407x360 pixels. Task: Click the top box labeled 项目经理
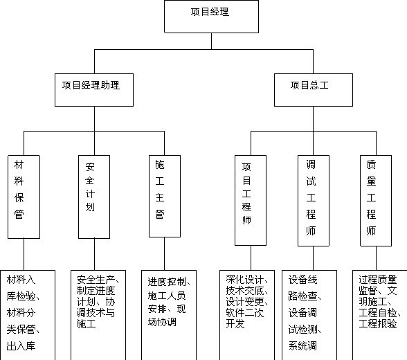pyautogui.click(x=211, y=17)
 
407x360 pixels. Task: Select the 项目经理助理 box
pyautogui.click(x=94, y=90)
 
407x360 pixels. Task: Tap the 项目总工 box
pyautogui.click(x=314, y=90)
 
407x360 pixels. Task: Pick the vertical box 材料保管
pyautogui.click(x=24, y=197)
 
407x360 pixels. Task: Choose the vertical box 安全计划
pyautogui.click(x=94, y=197)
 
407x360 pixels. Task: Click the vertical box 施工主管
pyautogui.click(x=165, y=196)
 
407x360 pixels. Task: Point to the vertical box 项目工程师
pyautogui.click(x=251, y=200)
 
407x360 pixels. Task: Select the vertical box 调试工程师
pyautogui.click(x=314, y=201)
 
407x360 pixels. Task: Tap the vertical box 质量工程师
pyautogui.click(x=376, y=201)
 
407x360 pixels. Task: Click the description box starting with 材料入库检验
pyautogui.click(x=28, y=315)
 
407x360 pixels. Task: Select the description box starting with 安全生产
pyautogui.click(x=98, y=315)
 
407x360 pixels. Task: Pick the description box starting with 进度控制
pyautogui.click(x=169, y=315)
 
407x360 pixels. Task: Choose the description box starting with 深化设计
pyautogui.click(x=247, y=315)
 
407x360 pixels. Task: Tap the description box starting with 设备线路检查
pyautogui.click(x=309, y=315)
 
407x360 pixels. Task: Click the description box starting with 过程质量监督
pyautogui.click(x=380, y=315)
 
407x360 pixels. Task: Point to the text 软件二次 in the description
pyautogui.click(x=245, y=312)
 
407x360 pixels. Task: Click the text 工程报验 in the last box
pyautogui.click(x=378, y=323)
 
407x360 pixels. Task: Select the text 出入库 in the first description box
pyautogui.click(x=21, y=345)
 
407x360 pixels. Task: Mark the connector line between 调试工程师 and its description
pyautogui.click(x=314, y=258)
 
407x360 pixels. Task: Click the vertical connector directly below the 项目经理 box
pyautogui.click(x=211, y=41)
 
